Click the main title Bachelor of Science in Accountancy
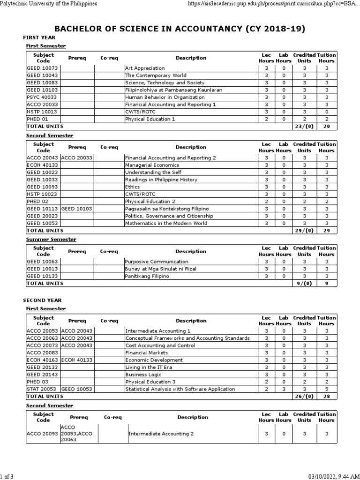tap(180, 29)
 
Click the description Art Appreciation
tap(145, 68)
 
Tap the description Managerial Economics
tap(152, 165)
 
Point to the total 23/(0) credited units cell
tap(304, 127)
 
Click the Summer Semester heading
tap(51, 239)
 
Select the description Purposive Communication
tap(157, 262)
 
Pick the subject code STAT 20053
tap(41, 389)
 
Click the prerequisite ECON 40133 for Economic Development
tap(76, 360)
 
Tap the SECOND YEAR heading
tap(42, 300)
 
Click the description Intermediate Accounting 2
tap(161, 434)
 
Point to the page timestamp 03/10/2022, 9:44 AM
tap(330, 476)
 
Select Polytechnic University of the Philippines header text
tap(49, 4)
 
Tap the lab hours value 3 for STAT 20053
tap(283, 389)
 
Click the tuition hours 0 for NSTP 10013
tap(326, 112)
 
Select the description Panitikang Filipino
tap(147, 276)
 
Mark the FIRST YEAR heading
tap(39, 37)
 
